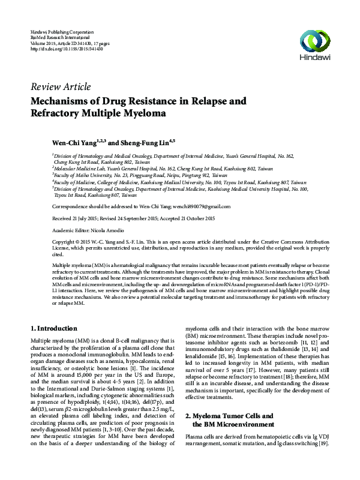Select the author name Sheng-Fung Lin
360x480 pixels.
tap(148, 143)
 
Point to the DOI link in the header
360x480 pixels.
tap(67, 49)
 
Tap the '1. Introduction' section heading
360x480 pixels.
tap(53, 328)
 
